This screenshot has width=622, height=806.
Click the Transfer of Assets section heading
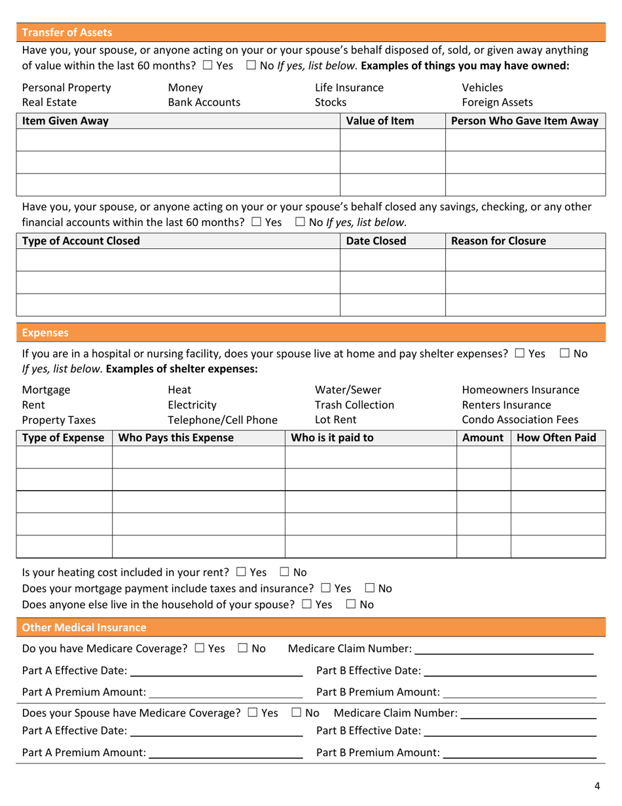[x=67, y=32]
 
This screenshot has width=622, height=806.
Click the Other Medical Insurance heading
[x=84, y=628]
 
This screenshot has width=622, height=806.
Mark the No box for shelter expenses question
[x=565, y=354]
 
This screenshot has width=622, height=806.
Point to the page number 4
[x=597, y=787]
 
